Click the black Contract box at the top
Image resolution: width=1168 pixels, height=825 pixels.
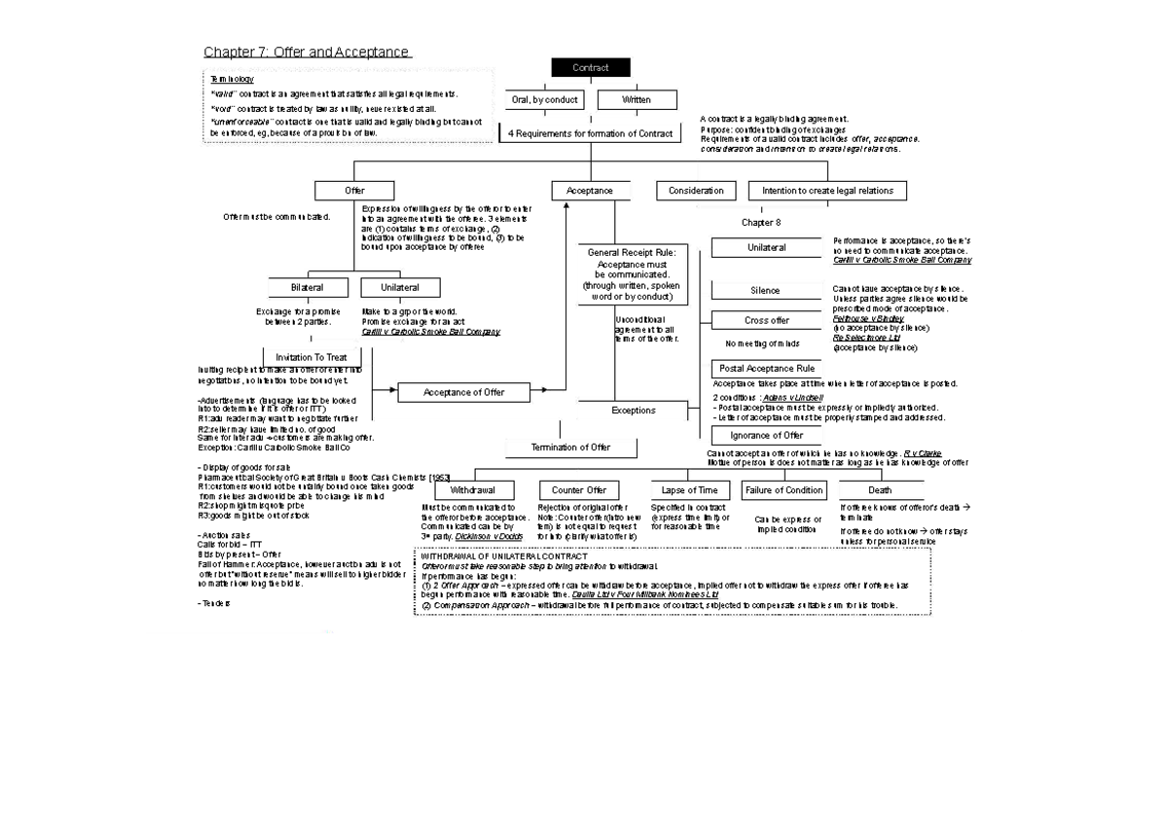590,67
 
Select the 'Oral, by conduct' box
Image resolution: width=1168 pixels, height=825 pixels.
544,99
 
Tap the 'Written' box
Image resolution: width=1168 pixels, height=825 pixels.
637,99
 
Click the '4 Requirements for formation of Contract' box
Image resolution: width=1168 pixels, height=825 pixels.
590,133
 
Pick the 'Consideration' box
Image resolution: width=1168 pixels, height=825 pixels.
696,191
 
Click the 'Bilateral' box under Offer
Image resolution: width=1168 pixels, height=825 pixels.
308,288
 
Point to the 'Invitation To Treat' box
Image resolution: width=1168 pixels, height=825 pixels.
311,357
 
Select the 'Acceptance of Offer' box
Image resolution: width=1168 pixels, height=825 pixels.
464,392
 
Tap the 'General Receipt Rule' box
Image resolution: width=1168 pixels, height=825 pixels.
631,274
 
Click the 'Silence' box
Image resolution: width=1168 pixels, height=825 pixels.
765,290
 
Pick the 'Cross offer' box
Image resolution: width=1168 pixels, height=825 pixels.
766,320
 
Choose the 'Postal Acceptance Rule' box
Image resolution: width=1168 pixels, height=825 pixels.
766,369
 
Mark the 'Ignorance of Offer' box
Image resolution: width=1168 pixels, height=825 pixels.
766,435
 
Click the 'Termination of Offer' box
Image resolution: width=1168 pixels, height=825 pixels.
571,448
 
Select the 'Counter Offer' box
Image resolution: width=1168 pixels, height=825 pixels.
579,490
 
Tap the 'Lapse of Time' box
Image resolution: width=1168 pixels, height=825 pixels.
689,490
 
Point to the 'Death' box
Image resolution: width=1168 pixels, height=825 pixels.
879,490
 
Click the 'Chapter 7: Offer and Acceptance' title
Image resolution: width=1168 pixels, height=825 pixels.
307,52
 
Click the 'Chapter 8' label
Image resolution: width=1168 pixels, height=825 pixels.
761,223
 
